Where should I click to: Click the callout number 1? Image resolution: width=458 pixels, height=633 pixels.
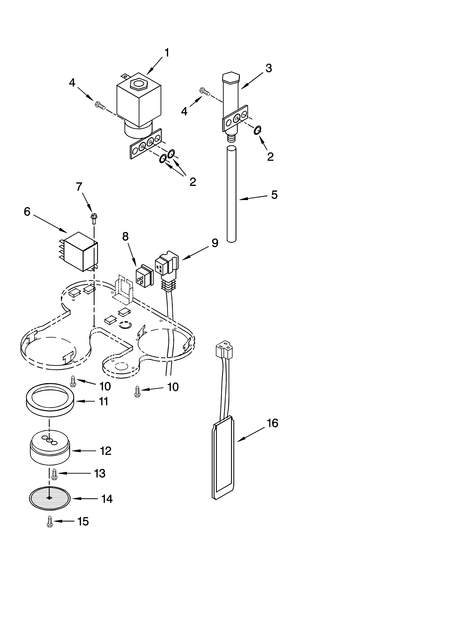(x=166, y=53)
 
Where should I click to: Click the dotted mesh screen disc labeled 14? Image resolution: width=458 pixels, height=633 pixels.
(x=49, y=499)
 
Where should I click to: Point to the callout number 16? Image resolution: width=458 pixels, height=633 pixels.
(x=272, y=423)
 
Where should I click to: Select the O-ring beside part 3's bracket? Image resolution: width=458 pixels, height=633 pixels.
(x=257, y=130)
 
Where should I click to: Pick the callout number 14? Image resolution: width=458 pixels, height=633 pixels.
(x=107, y=499)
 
